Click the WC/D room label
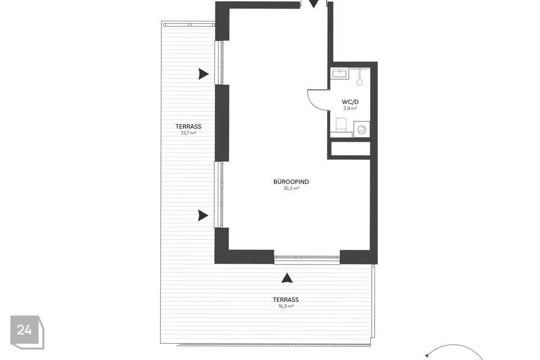pos(350,102)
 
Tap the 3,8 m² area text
pos(350,108)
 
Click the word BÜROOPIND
pos(291,182)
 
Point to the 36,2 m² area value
pos(291,188)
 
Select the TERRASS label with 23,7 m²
pos(188,127)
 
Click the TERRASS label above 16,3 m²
pos(286,300)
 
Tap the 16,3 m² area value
pos(286,306)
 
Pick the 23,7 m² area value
pos(188,133)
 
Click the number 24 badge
pos(27,332)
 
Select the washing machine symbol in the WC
pos(362,130)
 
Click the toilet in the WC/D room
pos(341,125)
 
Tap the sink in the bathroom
pos(340,74)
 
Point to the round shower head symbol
pos(359,82)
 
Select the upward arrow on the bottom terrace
pos(287,278)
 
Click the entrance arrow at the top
pos(313,3)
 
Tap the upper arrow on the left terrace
pos(204,74)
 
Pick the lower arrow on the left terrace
pos(203,215)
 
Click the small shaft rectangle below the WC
pos(350,148)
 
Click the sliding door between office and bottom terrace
pos(307,257)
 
